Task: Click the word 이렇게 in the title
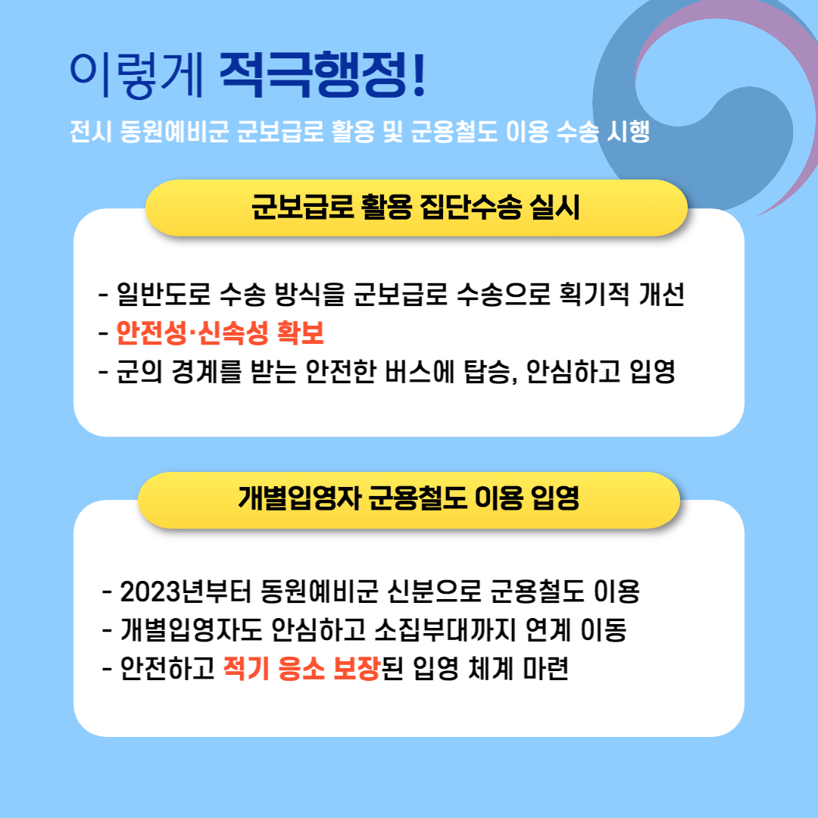(x=137, y=74)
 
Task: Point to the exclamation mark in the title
(x=419, y=74)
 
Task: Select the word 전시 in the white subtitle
(x=90, y=131)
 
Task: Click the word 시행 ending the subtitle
(x=628, y=131)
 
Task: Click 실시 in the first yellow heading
(x=554, y=207)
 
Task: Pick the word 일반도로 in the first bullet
(x=164, y=294)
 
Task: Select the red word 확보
(x=301, y=333)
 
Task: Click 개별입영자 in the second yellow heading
(x=299, y=498)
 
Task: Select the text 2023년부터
(x=186, y=591)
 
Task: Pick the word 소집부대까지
(x=445, y=629)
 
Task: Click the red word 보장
(x=356, y=668)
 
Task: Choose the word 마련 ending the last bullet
(x=545, y=668)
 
